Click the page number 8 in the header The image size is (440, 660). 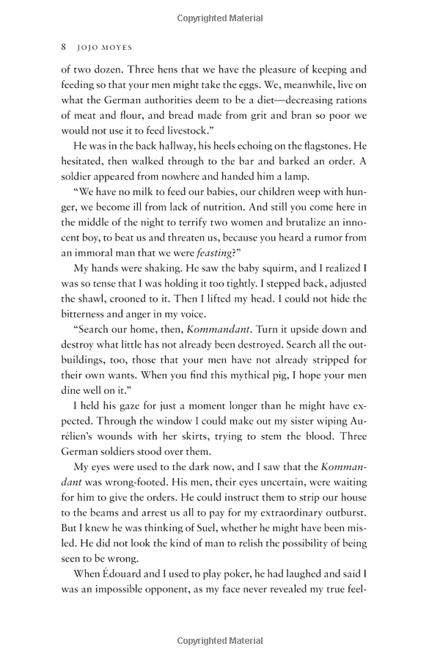click(64, 45)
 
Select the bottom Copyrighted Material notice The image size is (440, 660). click(219, 641)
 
